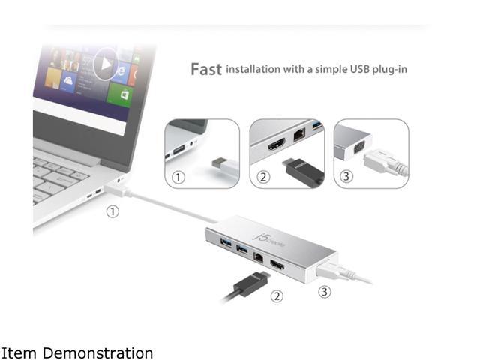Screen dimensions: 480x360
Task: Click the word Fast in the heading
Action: click(x=205, y=70)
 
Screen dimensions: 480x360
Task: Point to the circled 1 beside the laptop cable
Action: click(x=112, y=211)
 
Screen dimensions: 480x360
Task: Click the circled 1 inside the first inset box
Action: click(x=178, y=178)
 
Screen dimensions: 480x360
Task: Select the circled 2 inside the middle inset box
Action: click(x=262, y=178)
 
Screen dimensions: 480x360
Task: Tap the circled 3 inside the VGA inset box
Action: click(x=346, y=178)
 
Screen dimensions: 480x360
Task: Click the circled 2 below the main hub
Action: click(x=277, y=296)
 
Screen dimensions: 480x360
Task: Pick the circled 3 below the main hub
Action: click(x=325, y=292)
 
